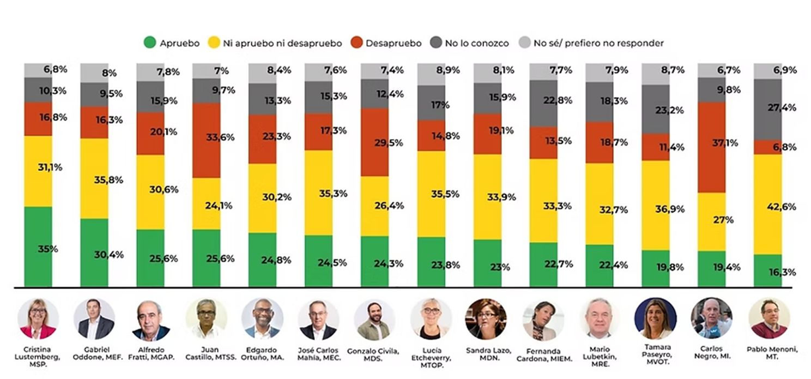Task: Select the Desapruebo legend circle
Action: (x=357, y=43)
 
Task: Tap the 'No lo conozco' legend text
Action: (x=476, y=43)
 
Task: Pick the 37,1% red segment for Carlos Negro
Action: (x=711, y=147)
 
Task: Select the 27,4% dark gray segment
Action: (x=767, y=109)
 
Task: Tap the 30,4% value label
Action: (x=108, y=255)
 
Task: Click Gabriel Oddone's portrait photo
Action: (x=94, y=319)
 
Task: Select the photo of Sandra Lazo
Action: (x=486, y=319)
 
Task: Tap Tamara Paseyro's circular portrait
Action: (x=655, y=318)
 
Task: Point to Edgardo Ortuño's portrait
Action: (x=262, y=319)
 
